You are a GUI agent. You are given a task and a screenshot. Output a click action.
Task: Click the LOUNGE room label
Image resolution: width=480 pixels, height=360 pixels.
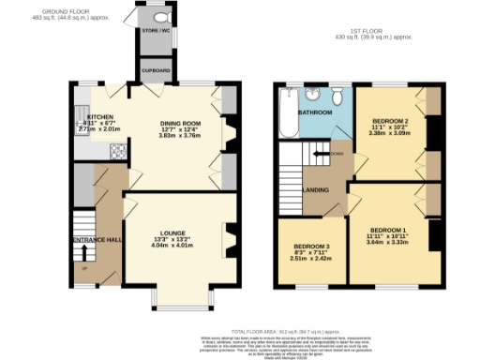click(x=172, y=233)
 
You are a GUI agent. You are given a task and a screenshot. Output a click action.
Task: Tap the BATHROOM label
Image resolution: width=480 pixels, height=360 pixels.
click(x=316, y=112)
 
